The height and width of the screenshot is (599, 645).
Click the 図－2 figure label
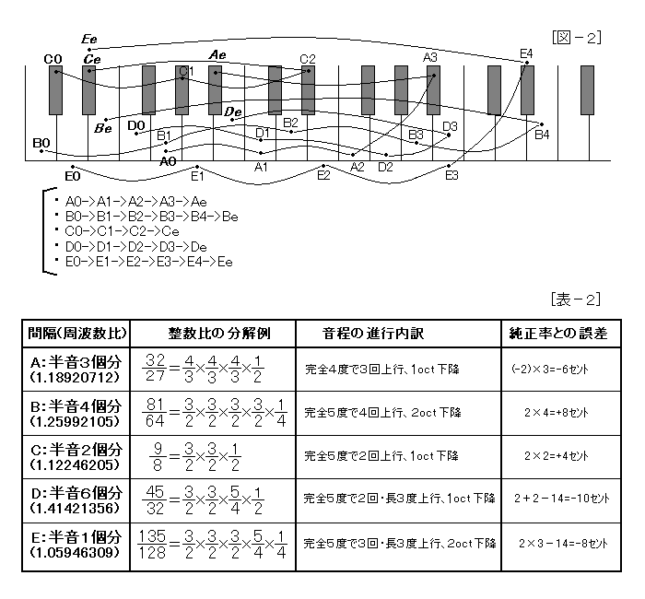[577, 38]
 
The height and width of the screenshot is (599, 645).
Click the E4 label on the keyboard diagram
[526, 53]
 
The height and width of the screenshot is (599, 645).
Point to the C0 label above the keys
[53, 60]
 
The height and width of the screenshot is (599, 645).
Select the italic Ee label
[89, 40]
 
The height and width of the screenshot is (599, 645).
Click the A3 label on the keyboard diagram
[430, 57]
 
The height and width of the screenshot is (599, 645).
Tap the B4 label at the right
[542, 135]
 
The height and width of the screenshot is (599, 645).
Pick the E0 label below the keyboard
[73, 175]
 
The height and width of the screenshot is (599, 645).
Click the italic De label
[233, 112]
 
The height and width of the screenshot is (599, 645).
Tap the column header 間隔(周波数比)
[77, 333]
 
